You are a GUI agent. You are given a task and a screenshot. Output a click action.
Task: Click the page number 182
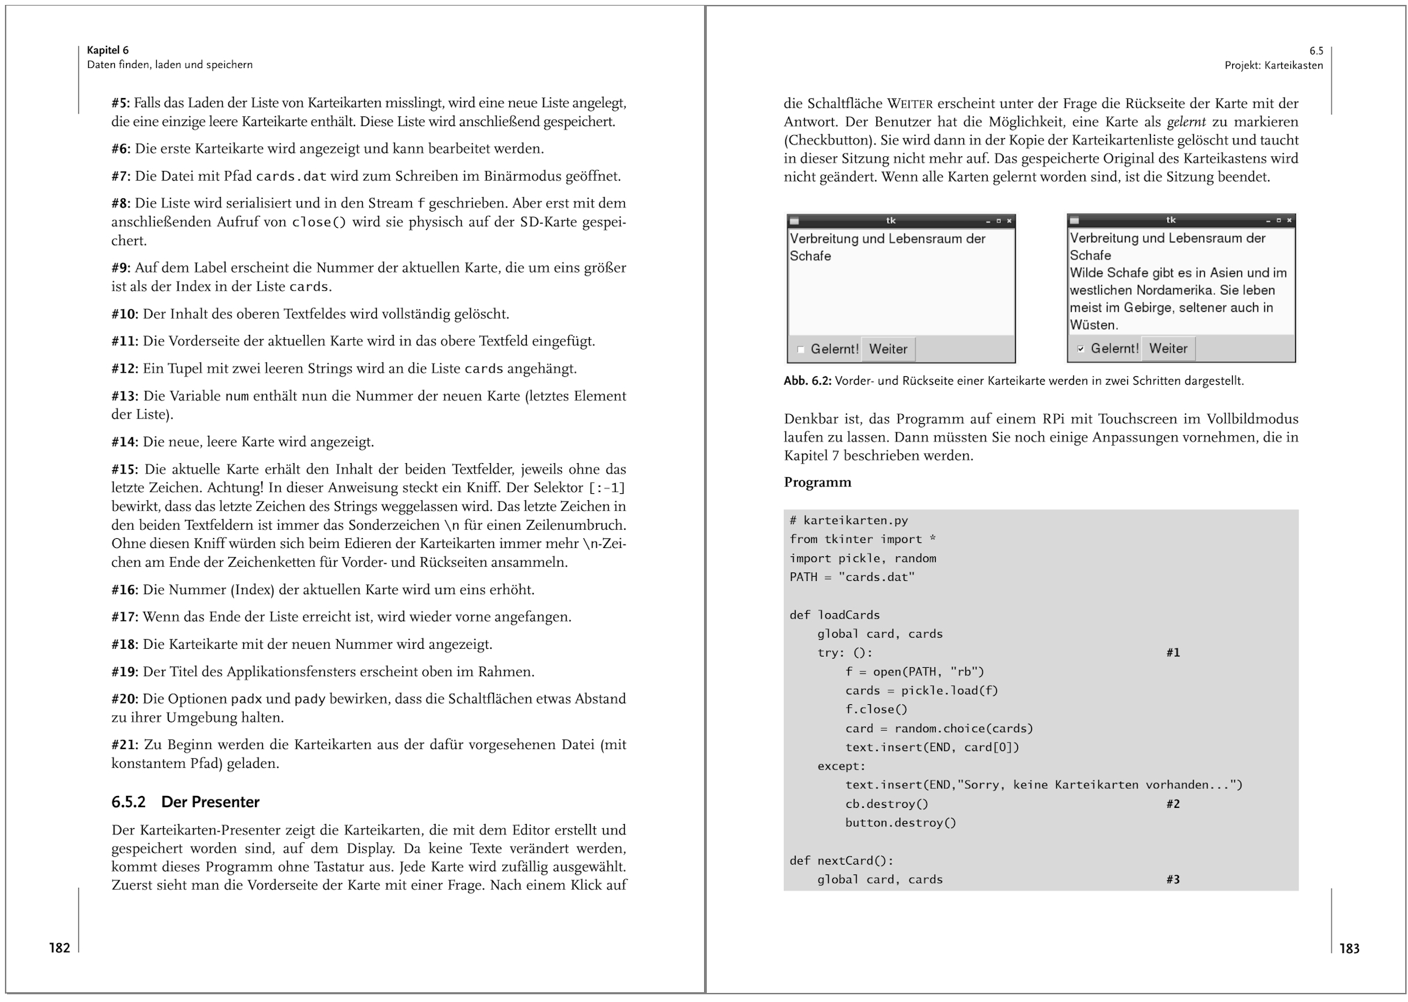coord(60,948)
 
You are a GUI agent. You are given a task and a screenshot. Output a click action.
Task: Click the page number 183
coord(1349,949)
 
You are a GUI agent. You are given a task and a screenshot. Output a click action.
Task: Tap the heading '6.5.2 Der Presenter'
coord(185,802)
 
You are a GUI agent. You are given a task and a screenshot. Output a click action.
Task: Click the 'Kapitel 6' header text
coord(108,50)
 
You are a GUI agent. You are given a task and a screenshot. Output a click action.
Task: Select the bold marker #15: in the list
coord(125,469)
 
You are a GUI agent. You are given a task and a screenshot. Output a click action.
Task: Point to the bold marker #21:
coord(125,745)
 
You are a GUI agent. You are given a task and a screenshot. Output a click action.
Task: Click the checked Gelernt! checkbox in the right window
coord(1081,349)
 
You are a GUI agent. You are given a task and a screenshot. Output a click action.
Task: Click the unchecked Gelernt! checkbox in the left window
coord(801,350)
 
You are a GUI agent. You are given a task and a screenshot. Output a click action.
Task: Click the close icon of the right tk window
coord(1289,221)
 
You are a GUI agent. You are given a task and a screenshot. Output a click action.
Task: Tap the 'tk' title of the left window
coord(890,221)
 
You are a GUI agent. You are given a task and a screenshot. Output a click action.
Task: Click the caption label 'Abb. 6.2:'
coord(807,381)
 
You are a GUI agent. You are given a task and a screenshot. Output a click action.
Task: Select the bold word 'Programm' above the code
coord(817,482)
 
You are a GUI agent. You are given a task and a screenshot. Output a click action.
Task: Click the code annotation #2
coord(1173,804)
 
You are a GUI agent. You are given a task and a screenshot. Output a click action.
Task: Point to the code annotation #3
coord(1173,879)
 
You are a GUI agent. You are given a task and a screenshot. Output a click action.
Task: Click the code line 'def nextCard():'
coord(841,860)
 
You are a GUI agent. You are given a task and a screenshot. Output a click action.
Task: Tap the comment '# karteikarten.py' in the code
coord(848,521)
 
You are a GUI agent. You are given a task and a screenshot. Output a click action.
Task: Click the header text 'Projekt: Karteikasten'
coord(1274,65)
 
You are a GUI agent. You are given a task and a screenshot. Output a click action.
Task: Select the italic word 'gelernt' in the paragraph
coord(1186,122)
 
